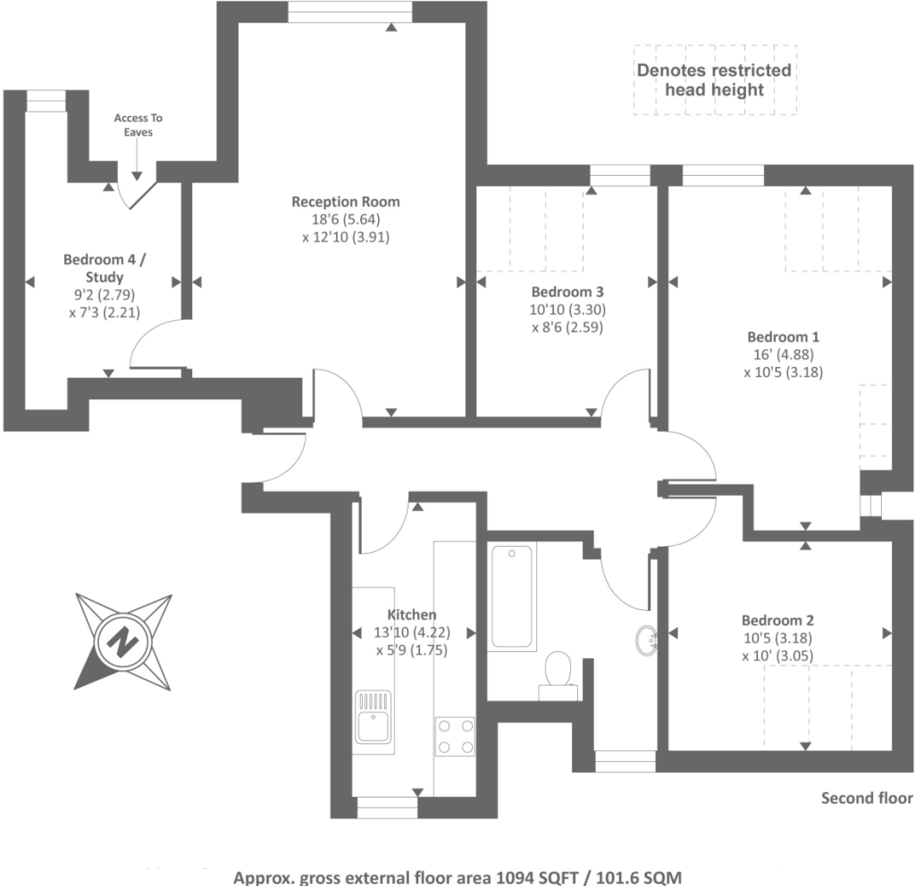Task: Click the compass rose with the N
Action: click(x=122, y=640)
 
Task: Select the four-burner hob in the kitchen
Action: click(x=454, y=737)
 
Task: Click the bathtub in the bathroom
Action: click(x=512, y=596)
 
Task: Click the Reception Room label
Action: click(x=346, y=202)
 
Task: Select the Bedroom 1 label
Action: click(x=783, y=338)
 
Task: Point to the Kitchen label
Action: click(x=412, y=614)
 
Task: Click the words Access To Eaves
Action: click(x=139, y=125)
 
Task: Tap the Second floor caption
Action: click(x=867, y=798)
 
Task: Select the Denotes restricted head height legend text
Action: click(x=713, y=79)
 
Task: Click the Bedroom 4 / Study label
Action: click(x=105, y=268)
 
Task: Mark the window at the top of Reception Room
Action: click(x=349, y=12)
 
